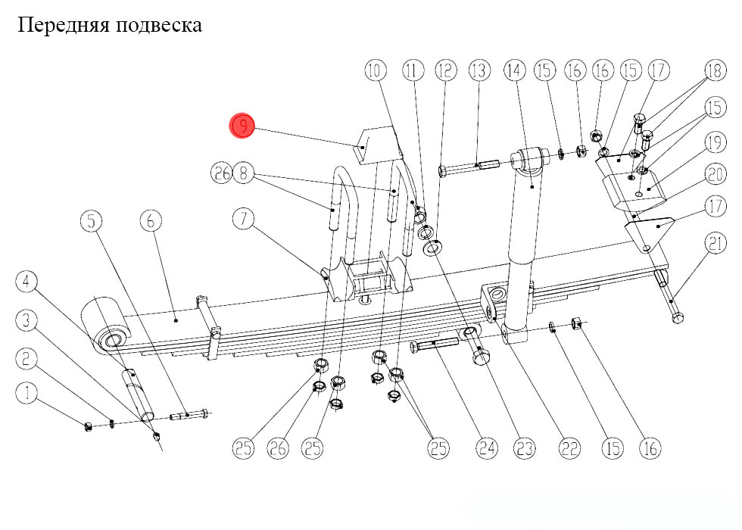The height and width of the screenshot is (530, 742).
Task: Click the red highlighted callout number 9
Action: pos(243,126)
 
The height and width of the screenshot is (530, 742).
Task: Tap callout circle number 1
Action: pos(27,393)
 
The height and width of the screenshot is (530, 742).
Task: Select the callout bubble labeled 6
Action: pos(150,221)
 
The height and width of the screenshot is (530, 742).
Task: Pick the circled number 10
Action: pos(375,71)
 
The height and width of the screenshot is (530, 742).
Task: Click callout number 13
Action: pos(479,71)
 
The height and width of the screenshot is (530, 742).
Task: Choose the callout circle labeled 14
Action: pos(514,71)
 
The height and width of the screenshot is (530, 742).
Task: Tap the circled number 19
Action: pos(715,142)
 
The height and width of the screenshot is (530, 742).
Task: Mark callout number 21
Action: pos(715,244)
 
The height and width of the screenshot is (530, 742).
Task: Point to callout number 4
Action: pos(27,283)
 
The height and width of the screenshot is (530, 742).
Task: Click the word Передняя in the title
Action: pos(64,26)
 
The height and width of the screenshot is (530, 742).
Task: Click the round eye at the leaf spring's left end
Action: pos(112,338)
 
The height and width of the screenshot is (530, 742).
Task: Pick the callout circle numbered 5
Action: pos(92,221)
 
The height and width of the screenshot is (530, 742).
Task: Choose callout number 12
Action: pos(445,71)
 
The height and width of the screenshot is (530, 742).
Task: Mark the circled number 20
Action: pos(715,175)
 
